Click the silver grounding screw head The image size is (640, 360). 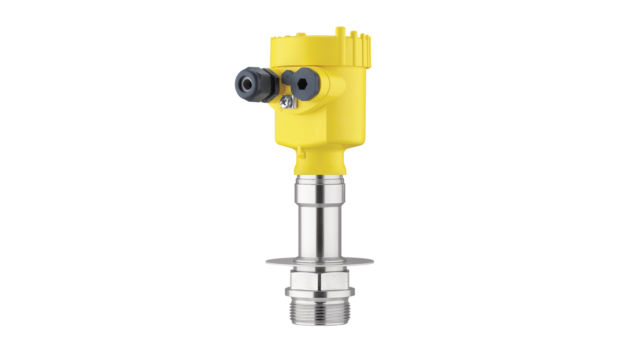(285, 100)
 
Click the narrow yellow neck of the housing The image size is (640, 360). (320, 164)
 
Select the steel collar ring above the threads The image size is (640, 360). (319, 292)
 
